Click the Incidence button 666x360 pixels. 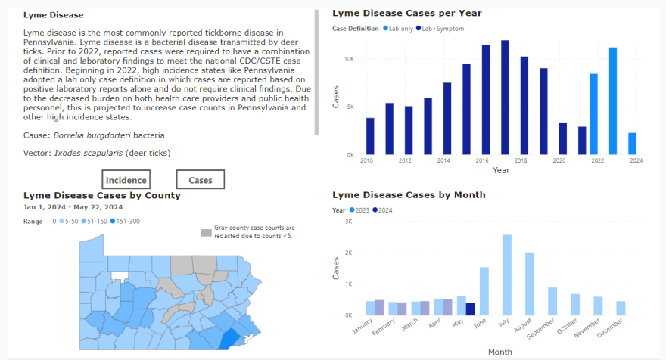pos(126,179)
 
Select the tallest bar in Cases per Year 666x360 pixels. pos(505,97)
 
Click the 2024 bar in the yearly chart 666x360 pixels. pos(632,144)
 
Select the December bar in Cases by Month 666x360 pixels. pos(621,308)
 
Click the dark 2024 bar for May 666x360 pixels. pos(471,309)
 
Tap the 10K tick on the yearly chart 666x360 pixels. pos(348,59)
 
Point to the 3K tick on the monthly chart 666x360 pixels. pos(348,222)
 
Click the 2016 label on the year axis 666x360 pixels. pos(481,161)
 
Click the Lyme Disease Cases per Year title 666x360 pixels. pos(407,13)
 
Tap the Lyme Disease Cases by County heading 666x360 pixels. pos(101,195)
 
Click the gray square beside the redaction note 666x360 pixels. pos(206,232)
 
